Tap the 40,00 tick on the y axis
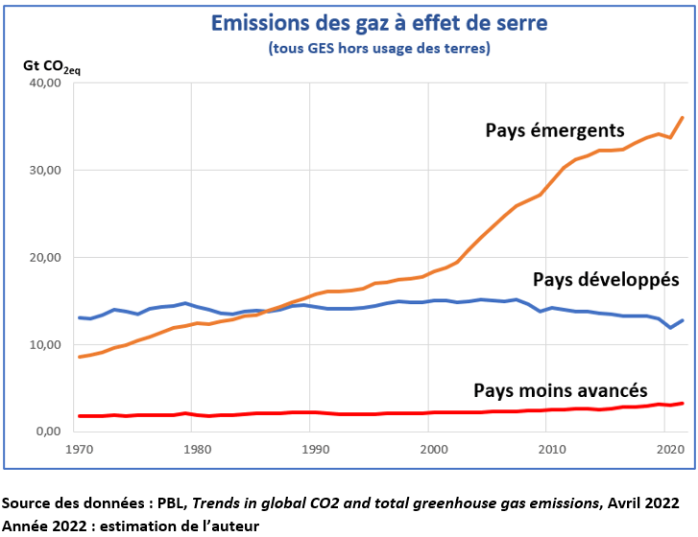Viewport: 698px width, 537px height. [46, 83]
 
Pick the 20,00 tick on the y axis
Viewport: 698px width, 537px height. [46, 258]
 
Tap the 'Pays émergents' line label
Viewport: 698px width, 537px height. [555, 130]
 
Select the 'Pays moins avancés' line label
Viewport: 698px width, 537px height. [561, 390]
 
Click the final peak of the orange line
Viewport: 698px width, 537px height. [682, 118]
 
